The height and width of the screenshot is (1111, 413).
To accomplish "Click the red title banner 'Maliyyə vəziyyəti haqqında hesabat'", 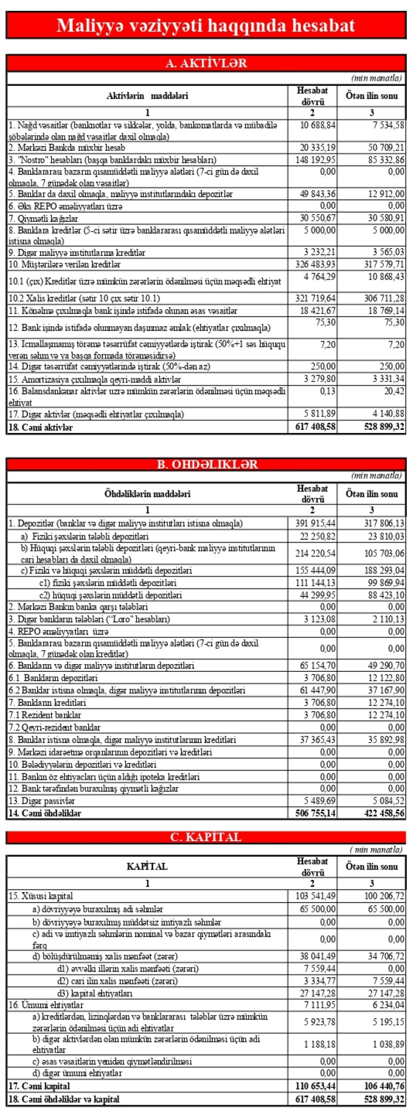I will (206, 25).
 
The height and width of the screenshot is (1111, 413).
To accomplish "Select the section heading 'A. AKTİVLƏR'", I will (206, 63).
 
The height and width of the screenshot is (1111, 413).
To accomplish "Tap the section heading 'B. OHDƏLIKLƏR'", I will (206, 464).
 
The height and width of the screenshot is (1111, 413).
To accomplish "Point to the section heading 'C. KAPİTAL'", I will (206, 837).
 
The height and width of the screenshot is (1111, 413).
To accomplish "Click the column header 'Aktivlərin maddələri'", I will (147, 95).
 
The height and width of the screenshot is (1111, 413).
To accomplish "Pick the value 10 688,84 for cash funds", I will (318, 125).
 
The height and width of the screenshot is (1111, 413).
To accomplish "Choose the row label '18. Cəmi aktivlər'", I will (41, 427).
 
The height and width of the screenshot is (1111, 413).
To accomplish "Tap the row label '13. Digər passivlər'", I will (42, 801).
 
